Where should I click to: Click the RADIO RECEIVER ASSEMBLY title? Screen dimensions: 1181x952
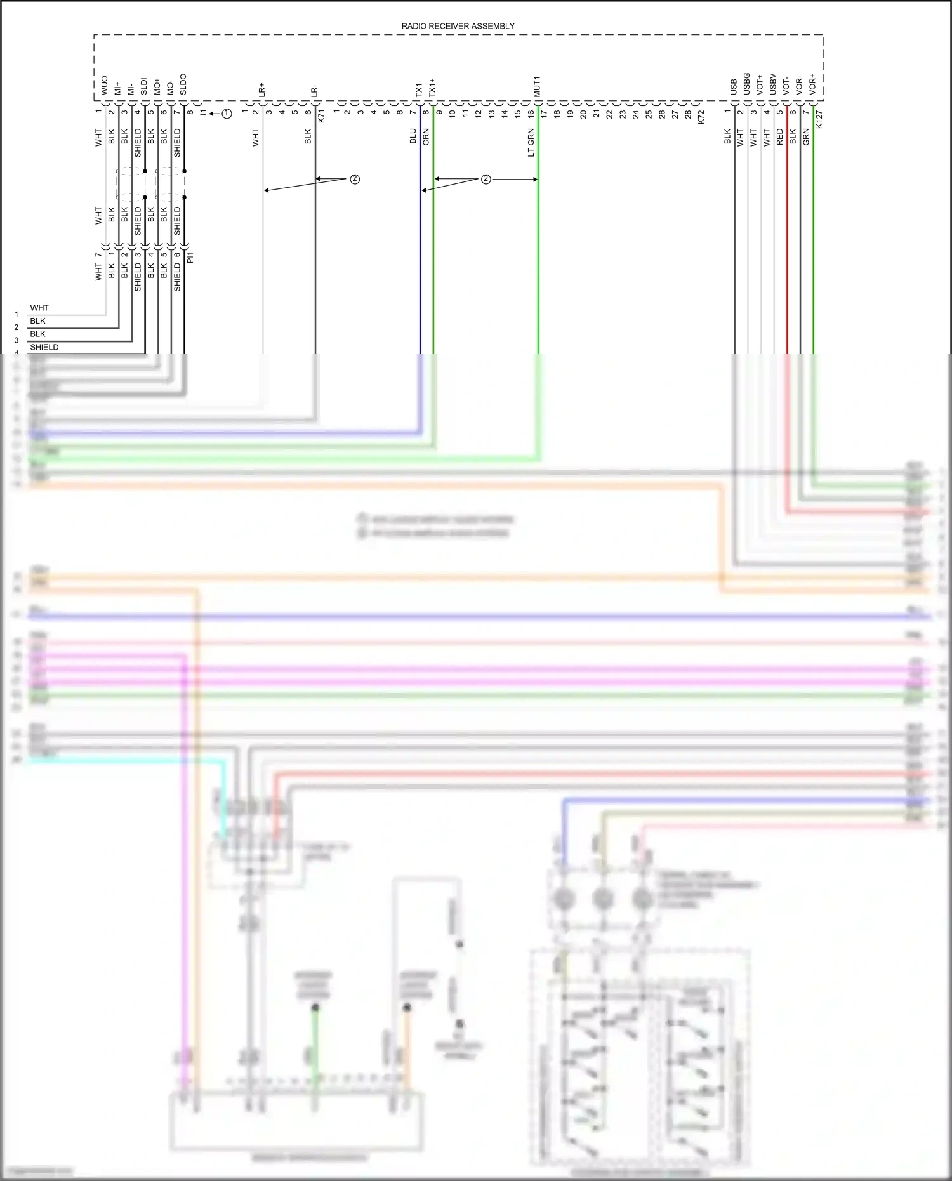[x=458, y=26]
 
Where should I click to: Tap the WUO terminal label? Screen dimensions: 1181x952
[x=105, y=86]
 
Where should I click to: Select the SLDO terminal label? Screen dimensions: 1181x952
[x=183, y=84]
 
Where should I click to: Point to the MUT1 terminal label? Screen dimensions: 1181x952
[x=537, y=86]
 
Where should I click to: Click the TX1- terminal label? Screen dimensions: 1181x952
[x=419, y=88]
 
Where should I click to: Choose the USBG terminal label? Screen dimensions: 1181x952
[x=746, y=84]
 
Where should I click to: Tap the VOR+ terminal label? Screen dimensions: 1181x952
[x=812, y=84]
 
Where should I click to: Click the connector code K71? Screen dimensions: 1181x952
[x=321, y=115]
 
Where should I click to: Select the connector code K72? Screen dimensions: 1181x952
[x=701, y=117]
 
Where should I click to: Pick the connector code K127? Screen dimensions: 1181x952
[x=819, y=119]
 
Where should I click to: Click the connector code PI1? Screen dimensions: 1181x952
[x=190, y=257]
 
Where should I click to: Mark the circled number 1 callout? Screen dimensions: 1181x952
[x=227, y=114]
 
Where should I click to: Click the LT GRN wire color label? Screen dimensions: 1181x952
[x=531, y=143]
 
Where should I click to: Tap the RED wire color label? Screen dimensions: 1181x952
[x=780, y=137]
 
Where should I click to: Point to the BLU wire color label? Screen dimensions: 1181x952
[x=413, y=136]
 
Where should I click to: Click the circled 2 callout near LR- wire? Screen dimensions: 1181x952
[x=355, y=180]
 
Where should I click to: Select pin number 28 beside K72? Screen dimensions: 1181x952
[x=688, y=114]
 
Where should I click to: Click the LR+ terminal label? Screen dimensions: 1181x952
[x=261, y=89]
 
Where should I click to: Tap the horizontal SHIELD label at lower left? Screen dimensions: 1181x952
[x=44, y=347]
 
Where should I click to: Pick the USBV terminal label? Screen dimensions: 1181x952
[x=773, y=84]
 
